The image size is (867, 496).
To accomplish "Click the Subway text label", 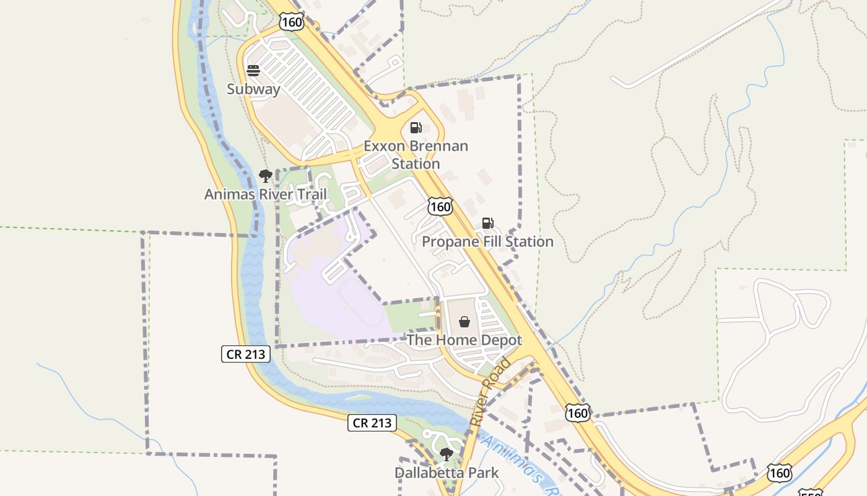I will (x=253, y=89).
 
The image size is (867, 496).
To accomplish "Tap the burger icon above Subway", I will (x=253, y=70).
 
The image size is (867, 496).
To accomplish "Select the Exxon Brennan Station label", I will (x=416, y=155).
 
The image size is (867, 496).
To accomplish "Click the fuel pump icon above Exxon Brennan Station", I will (x=416, y=128).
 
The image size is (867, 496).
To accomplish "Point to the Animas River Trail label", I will (x=265, y=195).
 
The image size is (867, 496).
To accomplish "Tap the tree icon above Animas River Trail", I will (x=265, y=175).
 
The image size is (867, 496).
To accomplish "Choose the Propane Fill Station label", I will (x=487, y=242).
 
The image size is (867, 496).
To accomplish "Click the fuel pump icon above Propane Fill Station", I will (x=487, y=223).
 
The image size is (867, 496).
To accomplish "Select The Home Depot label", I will (x=464, y=340).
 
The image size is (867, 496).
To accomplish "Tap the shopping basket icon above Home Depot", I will (x=464, y=322).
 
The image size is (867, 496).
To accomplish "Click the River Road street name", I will (x=490, y=392).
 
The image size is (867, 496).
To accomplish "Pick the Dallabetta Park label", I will (x=446, y=473).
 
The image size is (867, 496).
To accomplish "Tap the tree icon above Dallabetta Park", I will (x=446, y=454).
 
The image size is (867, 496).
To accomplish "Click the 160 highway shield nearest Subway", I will (x=291, y=22).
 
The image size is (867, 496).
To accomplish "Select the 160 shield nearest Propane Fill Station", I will (x=440, y=206).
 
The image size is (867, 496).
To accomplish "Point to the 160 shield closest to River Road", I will (x=577, y=412).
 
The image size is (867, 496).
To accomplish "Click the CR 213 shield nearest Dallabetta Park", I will (x=371, y=423).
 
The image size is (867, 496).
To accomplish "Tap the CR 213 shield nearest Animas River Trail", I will (x=246, y=355).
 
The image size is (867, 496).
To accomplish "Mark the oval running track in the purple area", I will (x=360, y=301).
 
